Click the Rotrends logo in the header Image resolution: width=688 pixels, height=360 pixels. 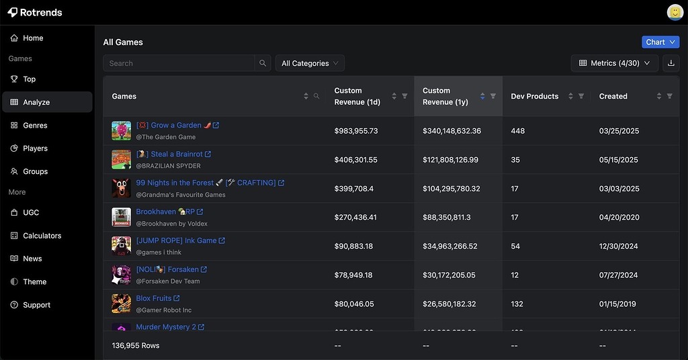pyautogui.click(x=35, y=12)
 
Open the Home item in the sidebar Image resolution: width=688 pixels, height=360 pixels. pyautogui.click(x=32, y=38)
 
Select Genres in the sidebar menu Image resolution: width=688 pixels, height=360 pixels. pyautogui.click(x=35, y=126)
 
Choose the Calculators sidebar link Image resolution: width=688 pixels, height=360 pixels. pyautogui.click(x=42, y=236)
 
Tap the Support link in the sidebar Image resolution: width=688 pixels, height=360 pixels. pyautogui.click(x=36, y=305)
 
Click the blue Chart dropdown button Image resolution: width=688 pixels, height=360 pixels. pyautogui.click(x=660, y=42)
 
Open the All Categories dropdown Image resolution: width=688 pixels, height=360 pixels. pyautogui.click(x=310, y=63)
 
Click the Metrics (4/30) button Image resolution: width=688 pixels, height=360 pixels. pyautogui.click(x=615, y=63)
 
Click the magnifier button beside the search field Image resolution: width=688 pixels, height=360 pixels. pyautogui.click(x=263, y=63)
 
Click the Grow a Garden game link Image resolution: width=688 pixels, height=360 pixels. pyautogui.click(x=175, y=125)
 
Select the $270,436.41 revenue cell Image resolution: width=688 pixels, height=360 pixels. pyautogui.click(x=355, y=218)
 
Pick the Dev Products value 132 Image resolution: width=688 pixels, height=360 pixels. pyautogui.click(x=517, y=304)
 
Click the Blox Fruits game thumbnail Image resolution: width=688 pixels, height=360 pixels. pyautogui.click(x=122, y=304)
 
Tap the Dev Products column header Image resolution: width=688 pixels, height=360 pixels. pyautogui.click(x=534, y=97)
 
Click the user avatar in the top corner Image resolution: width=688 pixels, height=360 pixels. pyautogui.click(x=675, y=12)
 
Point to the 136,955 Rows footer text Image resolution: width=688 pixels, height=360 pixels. pyautogui.click(x=136, y=345)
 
